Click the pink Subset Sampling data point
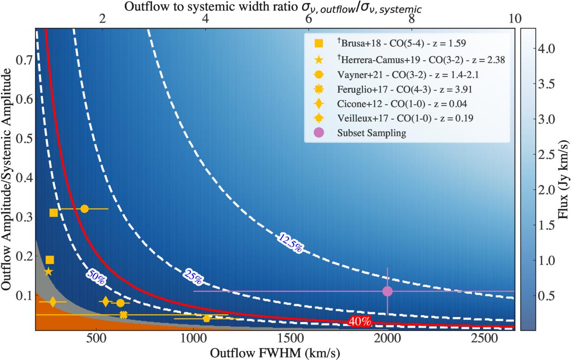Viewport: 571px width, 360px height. click(x=387, y=291)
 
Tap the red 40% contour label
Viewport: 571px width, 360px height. click(x=360, y=322)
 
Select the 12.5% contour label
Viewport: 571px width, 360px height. click(x=290, y=243)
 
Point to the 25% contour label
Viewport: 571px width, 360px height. click(x=193, y=277)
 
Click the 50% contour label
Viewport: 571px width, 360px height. click(x=96, y=277)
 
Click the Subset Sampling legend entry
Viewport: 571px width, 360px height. click(x=360, y=133)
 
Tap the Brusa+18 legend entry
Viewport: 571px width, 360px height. click(x=390, y=43)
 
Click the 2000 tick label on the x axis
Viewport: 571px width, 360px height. click(x=387, y=339)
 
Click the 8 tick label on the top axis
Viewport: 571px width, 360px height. click(x=411, y=19)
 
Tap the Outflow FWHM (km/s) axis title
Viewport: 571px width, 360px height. click(x=275, y=353)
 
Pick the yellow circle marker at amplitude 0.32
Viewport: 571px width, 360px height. click(x=84, y=209)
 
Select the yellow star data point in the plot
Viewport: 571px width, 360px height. click(x=48, y=272)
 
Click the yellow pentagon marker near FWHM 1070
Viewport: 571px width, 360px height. click(x=207, y=318)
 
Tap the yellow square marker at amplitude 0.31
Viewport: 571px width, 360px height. click(x=53, y=212)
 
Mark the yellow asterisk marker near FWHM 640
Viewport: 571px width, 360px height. click(x=123, y=315)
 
